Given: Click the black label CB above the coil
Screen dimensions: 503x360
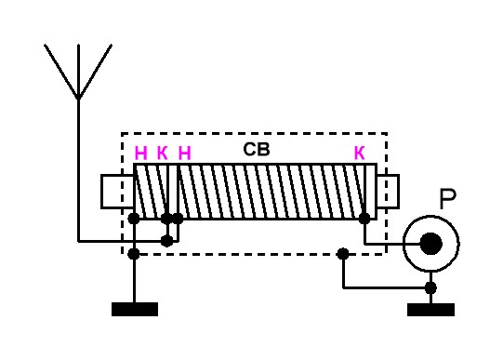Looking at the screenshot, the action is [x=257, y=149].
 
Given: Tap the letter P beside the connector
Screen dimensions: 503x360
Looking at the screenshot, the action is [x=447, y=199].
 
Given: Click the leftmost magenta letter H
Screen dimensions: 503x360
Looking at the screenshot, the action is [x=140, y=153].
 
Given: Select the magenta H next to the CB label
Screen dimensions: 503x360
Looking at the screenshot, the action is [x=184, y=153].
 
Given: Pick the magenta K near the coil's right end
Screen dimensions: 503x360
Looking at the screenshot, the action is [x=360, y=153].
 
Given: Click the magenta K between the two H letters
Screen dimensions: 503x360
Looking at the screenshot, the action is [x=163, y=153].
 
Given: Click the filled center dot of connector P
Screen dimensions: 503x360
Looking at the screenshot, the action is [x=430, y=244].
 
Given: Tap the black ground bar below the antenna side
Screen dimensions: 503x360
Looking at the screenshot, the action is [x=135, y=310].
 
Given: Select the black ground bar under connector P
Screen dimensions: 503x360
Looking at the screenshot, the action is [x=430, y=310].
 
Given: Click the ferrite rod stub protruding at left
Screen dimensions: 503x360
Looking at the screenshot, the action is [x=117, y=192].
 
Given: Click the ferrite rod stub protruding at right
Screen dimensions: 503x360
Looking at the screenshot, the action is [x=388, y=192].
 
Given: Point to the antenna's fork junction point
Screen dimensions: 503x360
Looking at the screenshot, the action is [x=78, y=97].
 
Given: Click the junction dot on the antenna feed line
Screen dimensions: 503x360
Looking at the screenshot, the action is [x=166, y=241].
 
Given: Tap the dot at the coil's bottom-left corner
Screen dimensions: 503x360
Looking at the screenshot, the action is [x=134, y=219].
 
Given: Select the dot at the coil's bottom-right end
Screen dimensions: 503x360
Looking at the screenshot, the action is [x=364, y=219].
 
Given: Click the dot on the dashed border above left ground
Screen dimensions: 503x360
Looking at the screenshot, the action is [x=134, y=254].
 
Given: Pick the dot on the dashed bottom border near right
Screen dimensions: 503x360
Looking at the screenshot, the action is [x=343, y=254].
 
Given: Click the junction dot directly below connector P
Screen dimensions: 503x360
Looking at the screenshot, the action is [x=430, y=287].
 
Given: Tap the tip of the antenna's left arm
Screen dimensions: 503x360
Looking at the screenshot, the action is [x=45, y=45].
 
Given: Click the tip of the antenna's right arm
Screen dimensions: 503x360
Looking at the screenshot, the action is [x=112, y=45].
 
